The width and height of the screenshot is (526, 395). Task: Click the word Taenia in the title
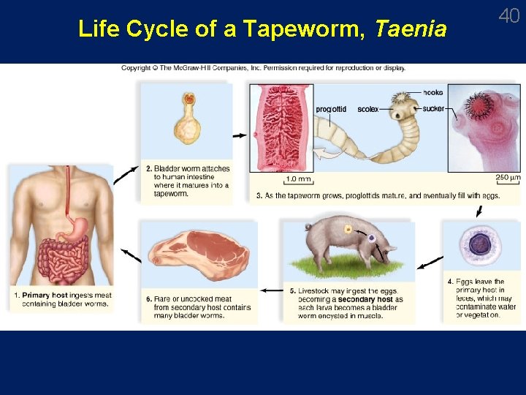click(x=410, y=29)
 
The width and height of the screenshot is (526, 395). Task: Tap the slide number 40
click(x=508, y=15)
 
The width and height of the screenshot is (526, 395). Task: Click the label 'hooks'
click(x=433, y=93)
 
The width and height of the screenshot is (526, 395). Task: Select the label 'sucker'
click(x=434, y=109)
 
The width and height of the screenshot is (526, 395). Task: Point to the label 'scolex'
click(x=368, y=110)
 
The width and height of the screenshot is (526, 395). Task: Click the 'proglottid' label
click(x=331, y=110)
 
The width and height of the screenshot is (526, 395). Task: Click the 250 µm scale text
click(x=508, y=178)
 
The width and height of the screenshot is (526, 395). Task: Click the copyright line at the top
click(x=264, y=68)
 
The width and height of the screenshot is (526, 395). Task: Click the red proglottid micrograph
click(x=281, y=128)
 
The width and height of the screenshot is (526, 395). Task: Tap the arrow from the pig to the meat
click(x=272, y=290)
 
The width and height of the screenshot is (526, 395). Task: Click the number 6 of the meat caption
click(x=149, y=298)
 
